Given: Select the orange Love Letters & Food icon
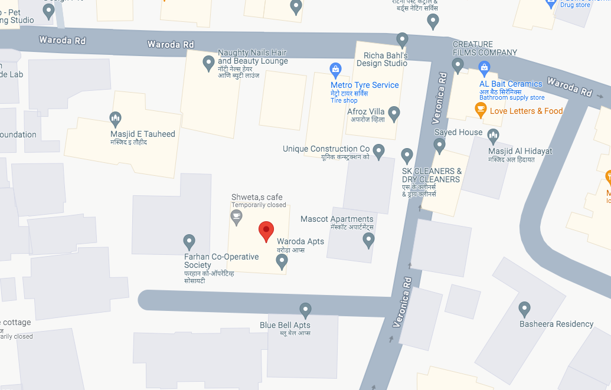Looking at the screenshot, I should (x=481, y=109).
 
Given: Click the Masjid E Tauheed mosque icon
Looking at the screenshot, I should (x=116, y=119).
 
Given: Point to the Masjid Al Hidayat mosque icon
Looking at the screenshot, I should (x=493, y=137).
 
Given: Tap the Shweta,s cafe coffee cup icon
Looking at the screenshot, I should (x=236, y=217).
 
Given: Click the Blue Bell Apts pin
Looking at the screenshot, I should (x=305, y=309).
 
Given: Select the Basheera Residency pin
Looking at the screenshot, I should (x=524, y=309).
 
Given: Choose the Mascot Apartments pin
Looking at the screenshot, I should (x=368, y=240).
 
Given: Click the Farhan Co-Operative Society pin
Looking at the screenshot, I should (x=189, y=241).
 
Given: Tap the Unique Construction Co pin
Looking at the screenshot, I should (x=378, y=150).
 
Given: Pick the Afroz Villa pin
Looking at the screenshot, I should (x=394, y=113).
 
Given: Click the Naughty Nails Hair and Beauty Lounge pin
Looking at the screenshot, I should (x=208, y=63).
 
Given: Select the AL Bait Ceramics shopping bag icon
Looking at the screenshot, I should (x=484, y=67).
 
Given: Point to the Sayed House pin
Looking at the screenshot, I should (x=439, y=145).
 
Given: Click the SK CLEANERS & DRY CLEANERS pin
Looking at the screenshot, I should (x=407, y=156).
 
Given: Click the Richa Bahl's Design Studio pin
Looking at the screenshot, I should (x=402, y=40).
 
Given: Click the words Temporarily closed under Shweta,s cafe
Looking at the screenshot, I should (x=259, y=205).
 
